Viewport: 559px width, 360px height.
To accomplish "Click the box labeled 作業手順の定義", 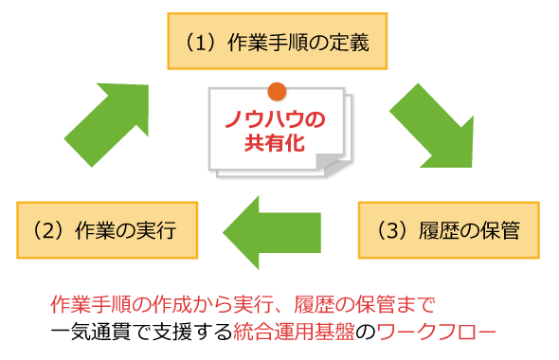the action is point(278,42).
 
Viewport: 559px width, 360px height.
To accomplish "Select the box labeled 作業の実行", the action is point(107,230).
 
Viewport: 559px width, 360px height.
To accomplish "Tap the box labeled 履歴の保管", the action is point(449,230).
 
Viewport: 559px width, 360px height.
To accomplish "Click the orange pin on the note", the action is point(277,92).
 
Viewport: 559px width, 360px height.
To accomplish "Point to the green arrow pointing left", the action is point(272,232).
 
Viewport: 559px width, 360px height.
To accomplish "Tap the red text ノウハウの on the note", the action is point(275,119).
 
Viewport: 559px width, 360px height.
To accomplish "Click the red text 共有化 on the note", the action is point(275,142).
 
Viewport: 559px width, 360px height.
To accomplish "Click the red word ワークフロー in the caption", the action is point(437,332).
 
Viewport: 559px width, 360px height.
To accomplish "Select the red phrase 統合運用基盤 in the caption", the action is point(294,332).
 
